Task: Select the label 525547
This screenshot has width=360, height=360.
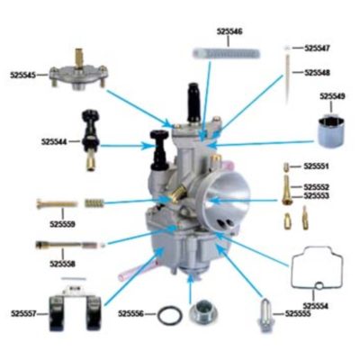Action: (x=317, y=47)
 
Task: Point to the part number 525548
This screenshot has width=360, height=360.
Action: (x=317, y=72)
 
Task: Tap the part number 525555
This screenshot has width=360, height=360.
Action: (x=298, y=313)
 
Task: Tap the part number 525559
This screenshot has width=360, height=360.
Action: (x=62, y=222)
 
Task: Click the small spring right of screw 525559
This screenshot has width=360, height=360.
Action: (x=95, y=202)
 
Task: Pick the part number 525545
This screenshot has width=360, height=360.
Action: (x=23, y=76)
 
